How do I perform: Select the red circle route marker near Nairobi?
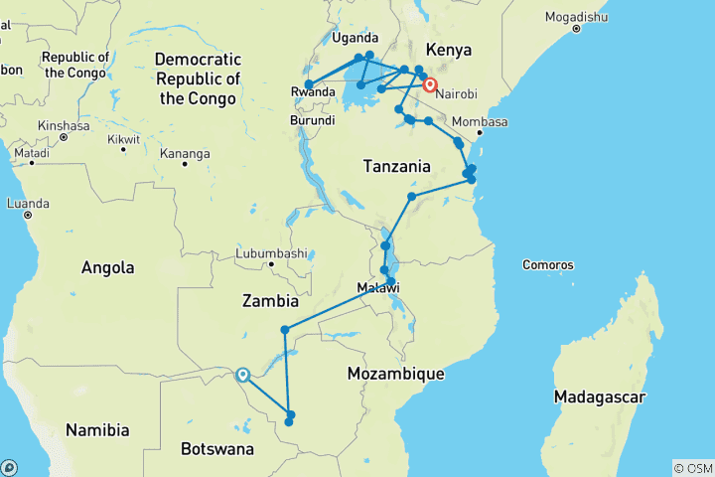430,85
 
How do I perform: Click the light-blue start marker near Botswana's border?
241,375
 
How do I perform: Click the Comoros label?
547,265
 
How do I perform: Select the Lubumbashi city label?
271,253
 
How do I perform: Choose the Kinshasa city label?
64,126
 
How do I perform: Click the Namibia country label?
97,430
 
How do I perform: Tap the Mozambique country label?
395,374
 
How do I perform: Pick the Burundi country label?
312,120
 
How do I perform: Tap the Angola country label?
108,267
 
